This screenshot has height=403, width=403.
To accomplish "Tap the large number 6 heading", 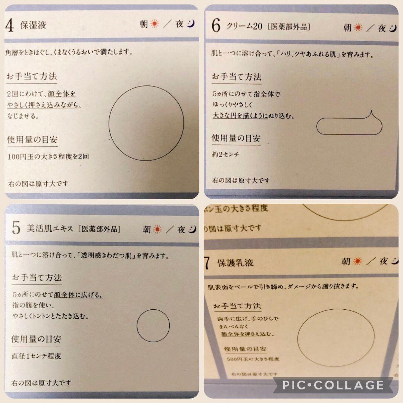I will click(216, 26).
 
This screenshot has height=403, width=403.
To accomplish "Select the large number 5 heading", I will click(16, 228).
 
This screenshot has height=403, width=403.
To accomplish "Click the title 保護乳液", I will click(235, 262).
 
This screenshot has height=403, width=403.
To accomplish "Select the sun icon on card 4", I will click(154, 24).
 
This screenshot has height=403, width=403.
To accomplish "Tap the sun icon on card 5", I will click(157, 229).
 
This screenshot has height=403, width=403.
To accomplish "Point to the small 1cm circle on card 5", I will click(153, 325).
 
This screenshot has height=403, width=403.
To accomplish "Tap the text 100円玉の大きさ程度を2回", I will click(48, 157).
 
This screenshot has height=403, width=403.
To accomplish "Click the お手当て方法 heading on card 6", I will click(237, 77).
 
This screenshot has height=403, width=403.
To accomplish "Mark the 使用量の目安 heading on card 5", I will click(36, 339).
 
